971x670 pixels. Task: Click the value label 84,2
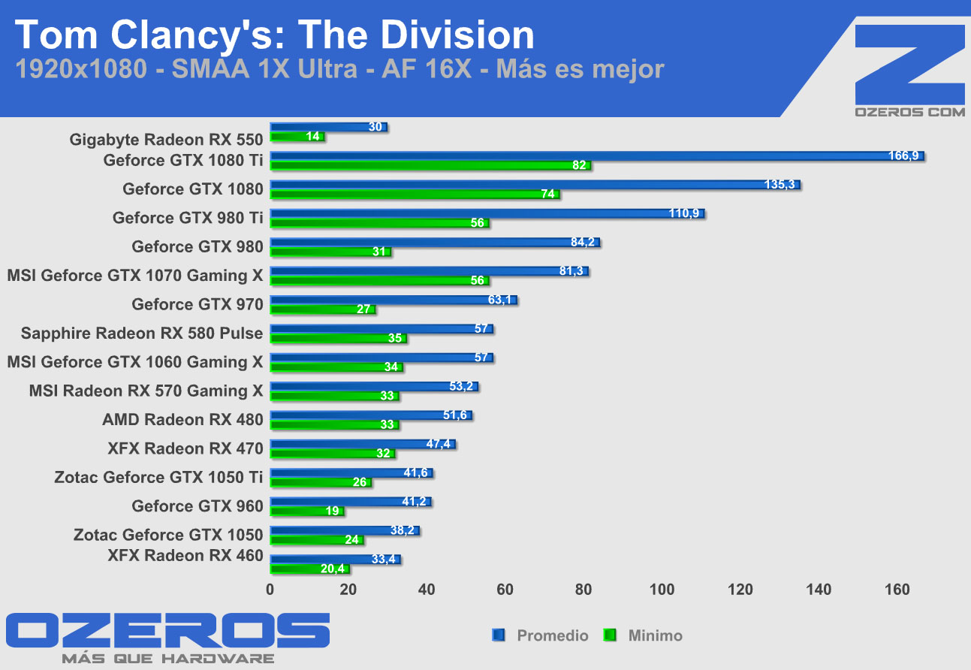[582, 242]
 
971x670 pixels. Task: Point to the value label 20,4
[333, 569]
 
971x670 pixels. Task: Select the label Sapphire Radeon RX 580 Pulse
[142, 333]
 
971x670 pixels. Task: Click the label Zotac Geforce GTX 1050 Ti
[158, 477]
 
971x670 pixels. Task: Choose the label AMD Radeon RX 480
[182, 419]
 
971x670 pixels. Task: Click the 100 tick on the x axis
[662, 590]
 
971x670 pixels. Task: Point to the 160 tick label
[897, 590]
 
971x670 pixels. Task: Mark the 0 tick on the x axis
[270, 590]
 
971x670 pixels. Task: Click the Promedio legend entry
[552, 635]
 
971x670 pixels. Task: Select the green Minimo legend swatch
[610, 635]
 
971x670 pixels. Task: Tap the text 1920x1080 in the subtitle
[80, 69]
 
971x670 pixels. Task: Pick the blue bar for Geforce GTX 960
[350, 501]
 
